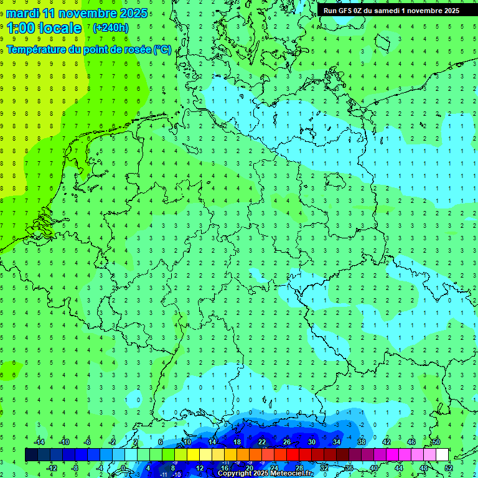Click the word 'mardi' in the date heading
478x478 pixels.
pos(21,13)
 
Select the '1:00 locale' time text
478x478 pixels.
pos(44,28)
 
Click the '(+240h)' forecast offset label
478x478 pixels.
pos(111,27)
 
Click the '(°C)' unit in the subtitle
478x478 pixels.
pos(162,49)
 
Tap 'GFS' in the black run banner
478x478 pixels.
pos(347,10)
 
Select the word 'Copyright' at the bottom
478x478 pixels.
pos(235,474)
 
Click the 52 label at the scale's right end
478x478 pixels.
pos(449,468)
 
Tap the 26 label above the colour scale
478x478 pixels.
pos(286,442)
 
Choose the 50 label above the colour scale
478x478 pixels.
pos(436,442)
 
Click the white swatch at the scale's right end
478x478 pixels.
pos(442,455)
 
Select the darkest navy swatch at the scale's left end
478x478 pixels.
pos(31,455)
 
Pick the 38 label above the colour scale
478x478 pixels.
pos(361,442)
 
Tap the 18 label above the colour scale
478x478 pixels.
pos(237,442)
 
